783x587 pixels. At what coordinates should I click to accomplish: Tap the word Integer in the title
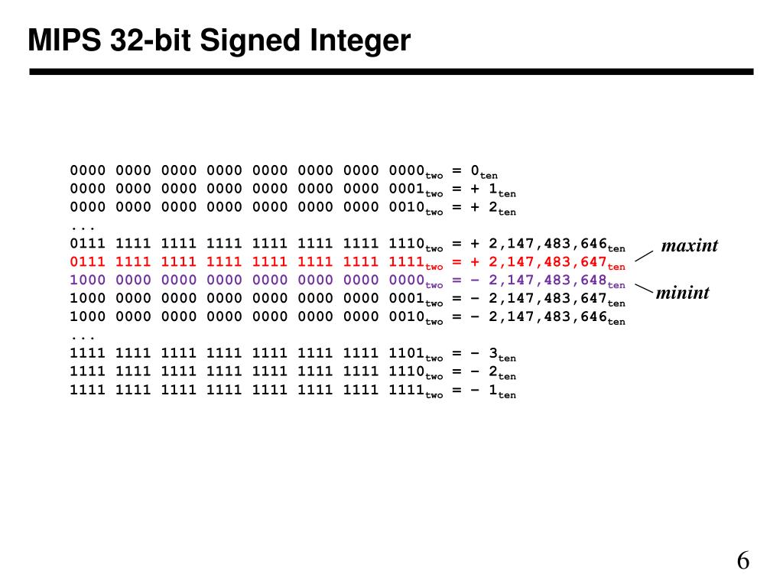tap(360, 41)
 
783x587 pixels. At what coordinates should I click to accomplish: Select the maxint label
tap(690, 246)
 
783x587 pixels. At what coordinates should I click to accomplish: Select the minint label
tap(683, 292)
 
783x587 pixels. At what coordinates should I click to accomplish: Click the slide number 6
tap(743, 562)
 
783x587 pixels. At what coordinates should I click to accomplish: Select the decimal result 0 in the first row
tap(475, 170)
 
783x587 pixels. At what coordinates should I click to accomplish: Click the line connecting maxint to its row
tap(644, 254)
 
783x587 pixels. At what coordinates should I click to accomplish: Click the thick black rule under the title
tap(391, 72)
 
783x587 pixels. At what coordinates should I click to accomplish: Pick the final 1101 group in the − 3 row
tap(406, 353)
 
